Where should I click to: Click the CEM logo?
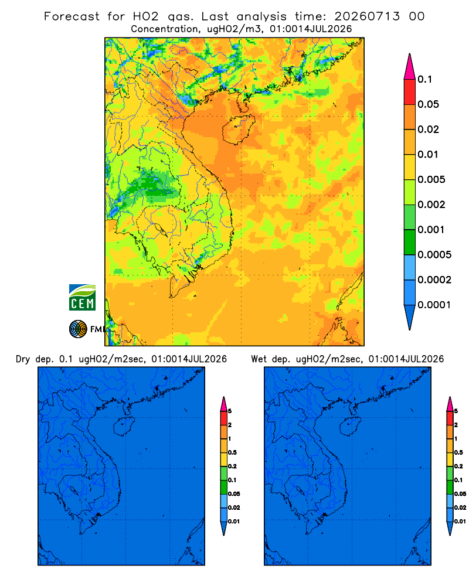point(82,297)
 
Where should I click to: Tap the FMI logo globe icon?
point(78,329)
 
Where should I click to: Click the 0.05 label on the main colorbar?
point(428,104)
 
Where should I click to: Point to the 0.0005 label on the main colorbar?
point(434,254)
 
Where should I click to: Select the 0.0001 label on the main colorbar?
point(434,305)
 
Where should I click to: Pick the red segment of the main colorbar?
point(410,92)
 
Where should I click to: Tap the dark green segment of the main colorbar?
point(410,242)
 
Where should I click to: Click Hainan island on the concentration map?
point(238,130)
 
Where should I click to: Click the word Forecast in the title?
point(72,16)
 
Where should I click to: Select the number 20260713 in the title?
point(367,16)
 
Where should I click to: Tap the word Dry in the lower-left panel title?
point(23,359)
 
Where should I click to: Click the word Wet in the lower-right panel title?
point(259,359)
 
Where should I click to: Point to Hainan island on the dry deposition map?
point(124,427)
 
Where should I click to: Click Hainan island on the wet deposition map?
point(351,427)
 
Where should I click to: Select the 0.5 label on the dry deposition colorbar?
point(232,452)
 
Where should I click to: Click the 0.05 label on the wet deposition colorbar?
point(460,493)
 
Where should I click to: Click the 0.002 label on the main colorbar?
point(431,205)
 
